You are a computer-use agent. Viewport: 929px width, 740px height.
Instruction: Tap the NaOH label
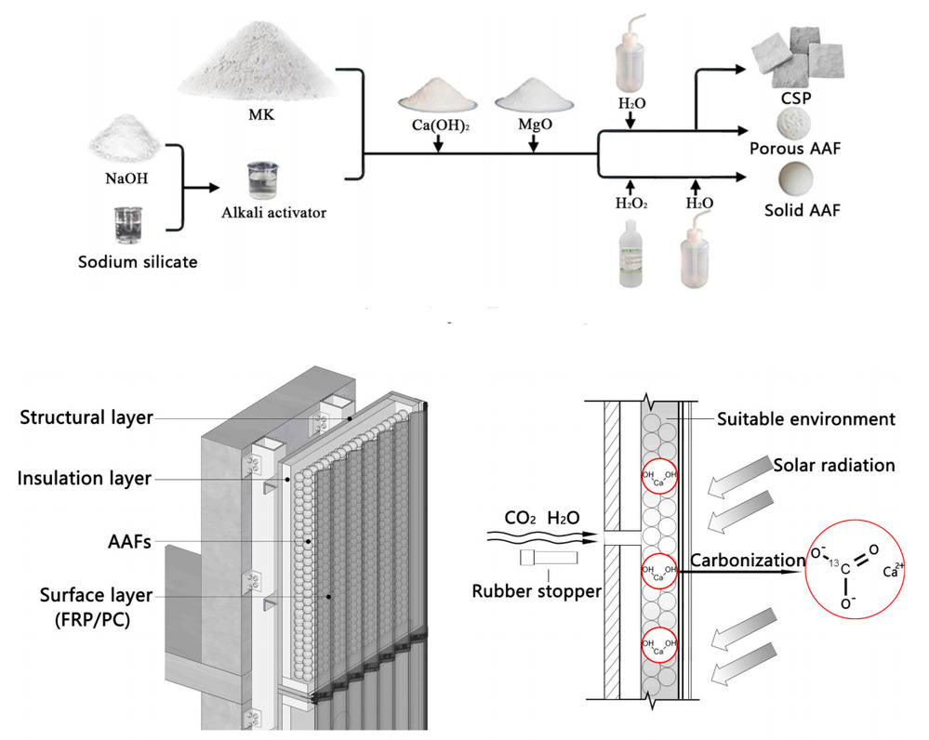coord(120,175)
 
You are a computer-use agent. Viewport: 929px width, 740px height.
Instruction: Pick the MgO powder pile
coord(533,96)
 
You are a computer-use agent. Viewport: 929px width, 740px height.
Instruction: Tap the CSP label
coord(793,98)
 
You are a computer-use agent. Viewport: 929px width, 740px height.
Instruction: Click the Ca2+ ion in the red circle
coord(894,569)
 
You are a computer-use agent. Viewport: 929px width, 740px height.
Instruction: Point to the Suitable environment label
coord(805,419)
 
